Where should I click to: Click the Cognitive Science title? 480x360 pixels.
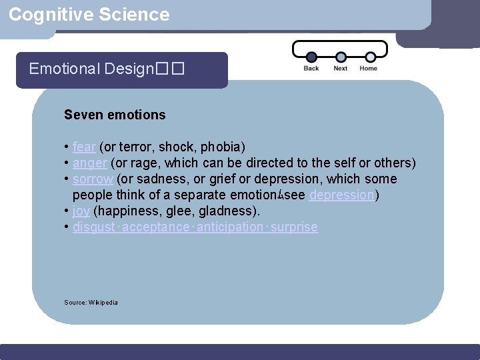89,15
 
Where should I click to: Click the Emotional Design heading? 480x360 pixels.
106,69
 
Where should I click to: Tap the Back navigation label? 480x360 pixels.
311,69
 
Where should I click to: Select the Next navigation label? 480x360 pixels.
340,69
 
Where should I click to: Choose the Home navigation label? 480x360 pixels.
368,69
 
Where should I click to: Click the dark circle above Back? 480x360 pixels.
311,57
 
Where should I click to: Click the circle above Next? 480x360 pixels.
341,57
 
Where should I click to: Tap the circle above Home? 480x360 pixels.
369,57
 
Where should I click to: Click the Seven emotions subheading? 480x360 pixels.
115,115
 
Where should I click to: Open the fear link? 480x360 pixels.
84,147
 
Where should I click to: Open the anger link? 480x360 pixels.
90,163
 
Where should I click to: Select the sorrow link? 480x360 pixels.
93,179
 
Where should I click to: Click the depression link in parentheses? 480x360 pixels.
342,195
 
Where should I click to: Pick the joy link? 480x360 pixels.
81,211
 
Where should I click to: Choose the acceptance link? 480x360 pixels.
156,227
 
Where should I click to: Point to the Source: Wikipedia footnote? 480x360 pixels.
91,303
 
